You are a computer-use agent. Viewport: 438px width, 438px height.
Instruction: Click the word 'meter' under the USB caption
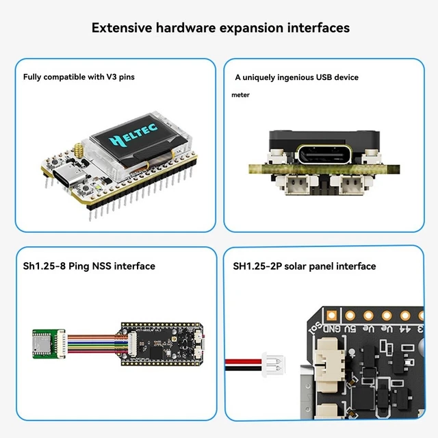point(240,95)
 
